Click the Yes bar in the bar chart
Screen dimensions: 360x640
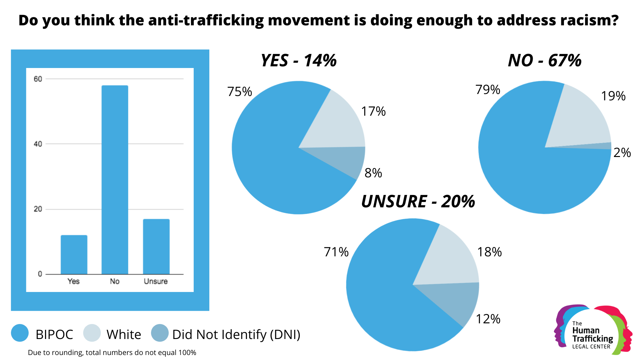coord(74,255)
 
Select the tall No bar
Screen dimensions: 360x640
coord(115,180)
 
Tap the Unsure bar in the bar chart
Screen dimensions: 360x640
coord(156,247)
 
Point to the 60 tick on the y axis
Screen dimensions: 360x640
coord(38,79)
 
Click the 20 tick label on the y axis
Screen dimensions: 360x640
coord(38,209)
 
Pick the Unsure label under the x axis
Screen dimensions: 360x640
coord(156,281)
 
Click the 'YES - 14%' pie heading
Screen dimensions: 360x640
coord(299,61)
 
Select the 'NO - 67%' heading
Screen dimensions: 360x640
coord(545,61)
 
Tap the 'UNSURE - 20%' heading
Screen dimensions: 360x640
coord(418,201)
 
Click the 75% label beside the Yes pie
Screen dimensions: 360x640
coord(240,92)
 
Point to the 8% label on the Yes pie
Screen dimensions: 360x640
coord(373,173)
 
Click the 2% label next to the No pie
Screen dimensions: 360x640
coord(622,153)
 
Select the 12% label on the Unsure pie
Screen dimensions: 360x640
coord(488,319)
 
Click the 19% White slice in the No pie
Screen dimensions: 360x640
coord(580,117)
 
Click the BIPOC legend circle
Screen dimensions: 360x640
coord(20,333)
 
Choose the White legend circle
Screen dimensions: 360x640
coord(92,333)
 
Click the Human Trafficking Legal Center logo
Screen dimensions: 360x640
coord(593,330)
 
